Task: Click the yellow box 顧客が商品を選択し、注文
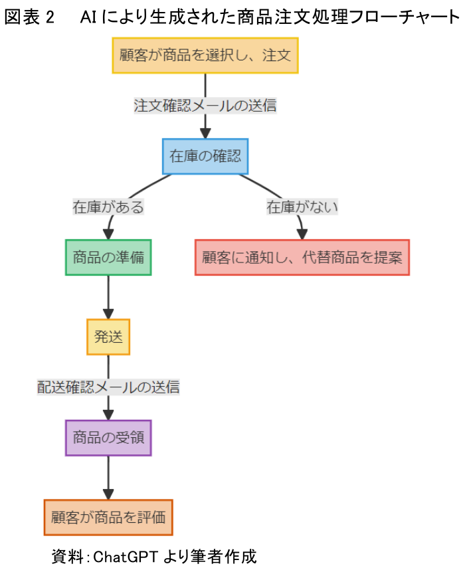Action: tap(205, 55)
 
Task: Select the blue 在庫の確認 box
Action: tap(205, 157)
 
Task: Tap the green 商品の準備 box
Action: tap(108, 257)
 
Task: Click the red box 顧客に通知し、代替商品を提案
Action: tap(302, 257)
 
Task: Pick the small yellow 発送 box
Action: tap(108, 337)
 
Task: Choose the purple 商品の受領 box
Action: tap(108, 438)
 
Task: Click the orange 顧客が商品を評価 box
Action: tap(108, 518)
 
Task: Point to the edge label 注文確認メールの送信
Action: tap(205, 106)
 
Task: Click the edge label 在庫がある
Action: tap(108, 207)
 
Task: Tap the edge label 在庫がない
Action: tap(302, 207)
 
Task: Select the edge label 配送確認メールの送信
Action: tap(108, 387)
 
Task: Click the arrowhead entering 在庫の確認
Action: tap(205, 132)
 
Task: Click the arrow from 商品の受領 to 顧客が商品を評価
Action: tap(108, 477)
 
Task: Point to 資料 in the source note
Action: tap(65, 555)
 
